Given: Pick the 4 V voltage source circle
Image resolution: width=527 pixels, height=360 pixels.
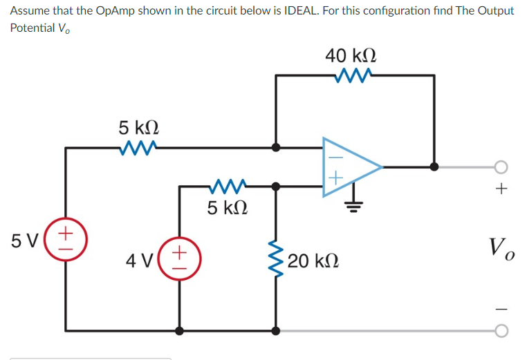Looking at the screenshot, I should click(180, 260).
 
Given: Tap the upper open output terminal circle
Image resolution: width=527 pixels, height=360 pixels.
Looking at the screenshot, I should click(501, 167).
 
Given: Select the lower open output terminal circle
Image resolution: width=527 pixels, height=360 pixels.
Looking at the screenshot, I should click(501, 331).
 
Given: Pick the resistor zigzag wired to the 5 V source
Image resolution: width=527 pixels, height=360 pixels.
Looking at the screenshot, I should click(139, 146).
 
